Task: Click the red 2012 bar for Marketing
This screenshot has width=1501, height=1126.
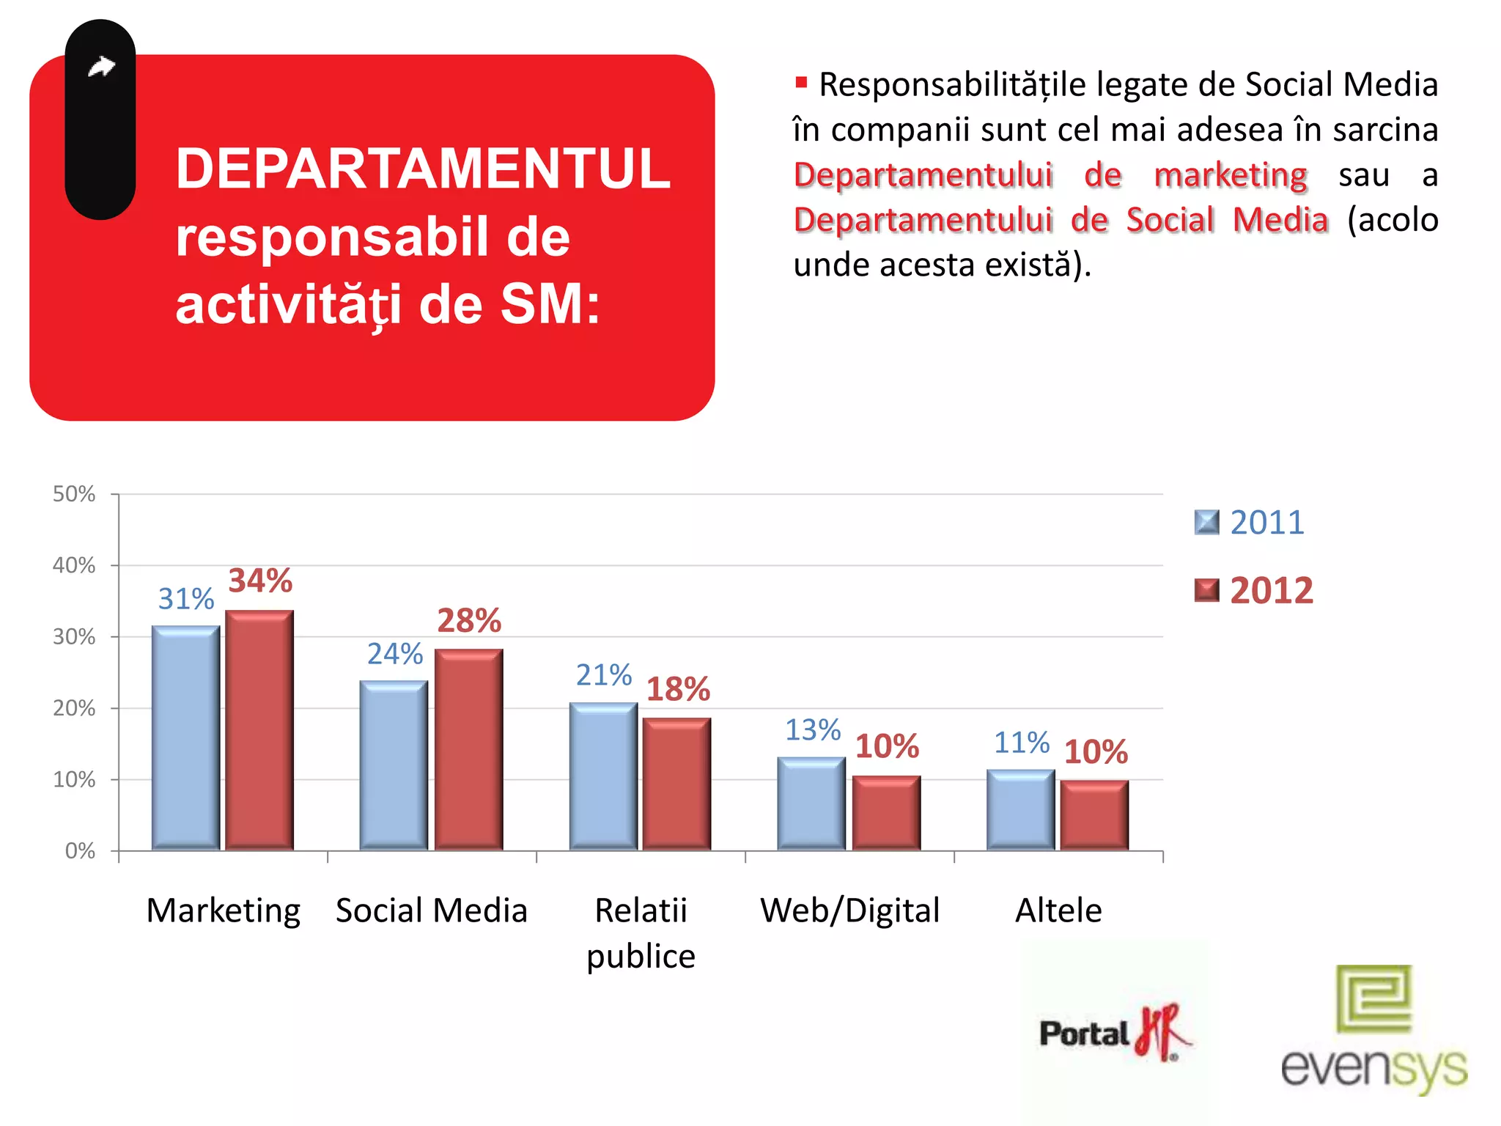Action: point(259,729)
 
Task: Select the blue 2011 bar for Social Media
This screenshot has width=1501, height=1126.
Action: point(394,765)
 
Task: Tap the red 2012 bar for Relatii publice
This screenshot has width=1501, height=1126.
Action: point(676,784)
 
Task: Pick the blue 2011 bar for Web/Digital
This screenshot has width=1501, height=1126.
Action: point(811,803)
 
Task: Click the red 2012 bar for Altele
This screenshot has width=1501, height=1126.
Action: point(1094,815)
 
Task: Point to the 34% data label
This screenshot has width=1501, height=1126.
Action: point(260,581)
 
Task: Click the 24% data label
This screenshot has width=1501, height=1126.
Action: point(395,654)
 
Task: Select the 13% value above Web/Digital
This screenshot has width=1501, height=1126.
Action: point(813,730)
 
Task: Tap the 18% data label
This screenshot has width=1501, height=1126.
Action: point(678,689)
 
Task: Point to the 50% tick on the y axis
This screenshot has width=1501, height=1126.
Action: point(74,494)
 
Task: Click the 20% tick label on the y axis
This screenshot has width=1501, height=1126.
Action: point(74,708)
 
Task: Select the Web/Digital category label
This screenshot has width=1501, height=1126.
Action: point(850,910)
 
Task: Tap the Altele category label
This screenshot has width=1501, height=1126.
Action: point(1058,910)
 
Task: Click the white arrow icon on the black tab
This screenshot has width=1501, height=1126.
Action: point(102,67)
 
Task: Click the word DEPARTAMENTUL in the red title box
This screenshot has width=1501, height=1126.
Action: point(423,169)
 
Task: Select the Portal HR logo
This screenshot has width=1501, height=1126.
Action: point(1114,1032)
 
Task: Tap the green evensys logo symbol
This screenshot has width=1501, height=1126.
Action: point(1373,998)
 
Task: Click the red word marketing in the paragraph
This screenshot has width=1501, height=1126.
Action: point(1231,175)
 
